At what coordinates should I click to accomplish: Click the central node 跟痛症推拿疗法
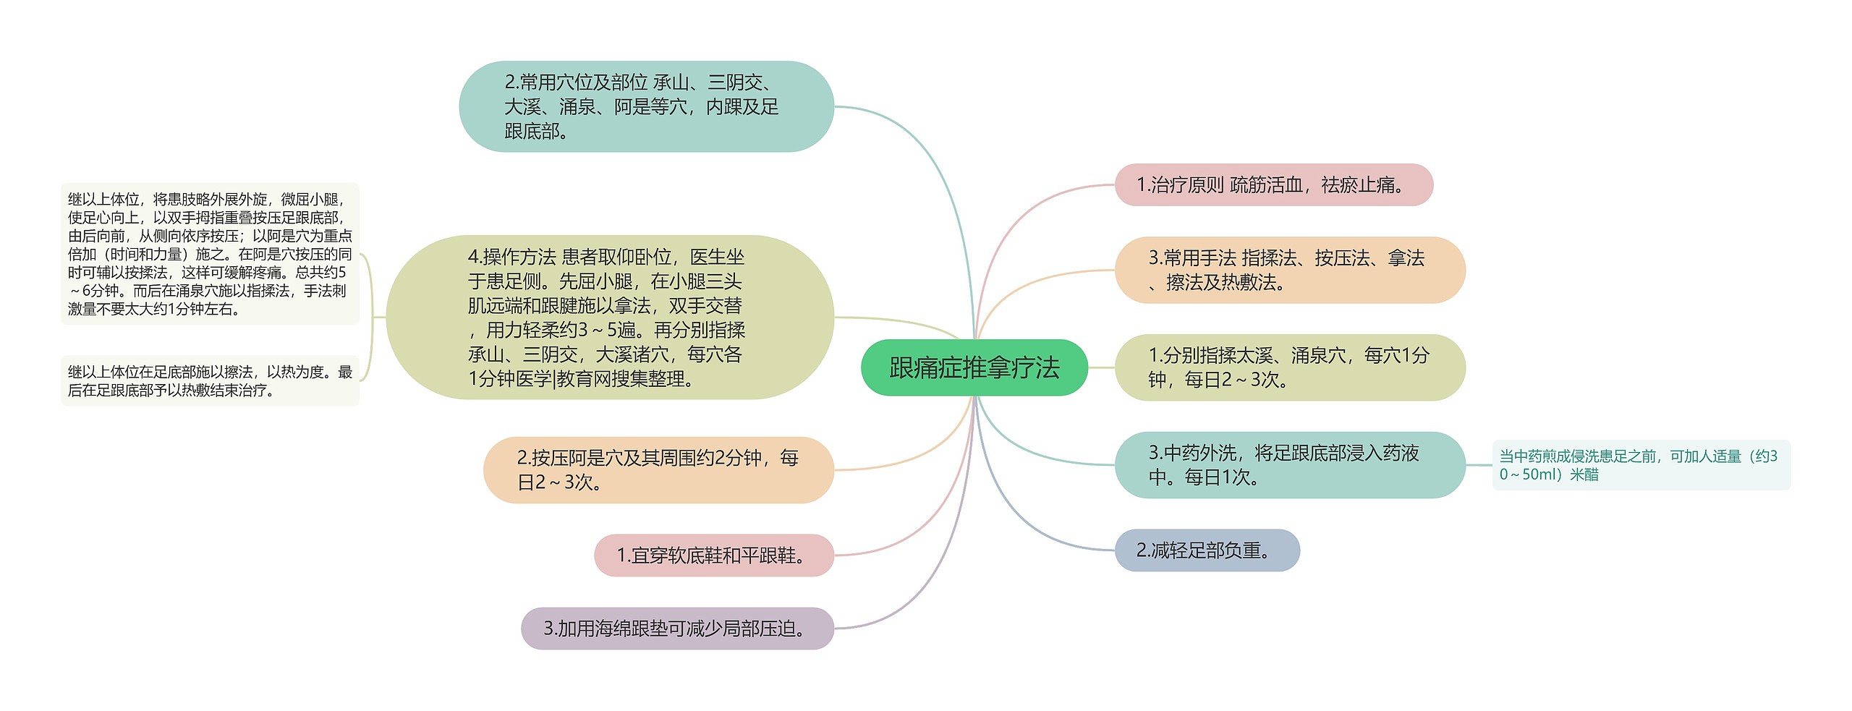(x=974, y=367)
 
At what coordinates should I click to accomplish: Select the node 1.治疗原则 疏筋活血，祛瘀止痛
(x=1273, y=185)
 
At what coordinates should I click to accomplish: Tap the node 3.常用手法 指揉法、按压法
(x=1289, y=270)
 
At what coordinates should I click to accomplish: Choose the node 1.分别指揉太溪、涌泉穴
(x=1289, y=367)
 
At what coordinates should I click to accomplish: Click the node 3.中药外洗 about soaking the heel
(x=1289, y=465)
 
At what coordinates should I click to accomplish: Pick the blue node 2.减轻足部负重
(x=1207, y=550)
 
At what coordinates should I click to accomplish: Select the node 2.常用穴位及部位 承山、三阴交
(x=645, y=106)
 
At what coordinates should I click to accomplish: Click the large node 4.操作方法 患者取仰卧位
(x=609, y=318)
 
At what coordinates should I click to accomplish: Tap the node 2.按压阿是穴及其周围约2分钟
(x=658, y=470)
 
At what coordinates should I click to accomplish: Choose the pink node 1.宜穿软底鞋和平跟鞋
(x=713, y=555)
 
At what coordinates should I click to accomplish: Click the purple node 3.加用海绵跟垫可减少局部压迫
(x=677, y=629)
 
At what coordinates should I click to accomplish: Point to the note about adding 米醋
(x=1641, y=465)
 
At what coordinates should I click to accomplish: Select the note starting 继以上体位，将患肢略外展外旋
(x=210, y=254)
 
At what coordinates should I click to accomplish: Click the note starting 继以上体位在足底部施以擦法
(x=210, y=381)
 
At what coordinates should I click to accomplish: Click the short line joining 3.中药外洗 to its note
(x=1479, y=465)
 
